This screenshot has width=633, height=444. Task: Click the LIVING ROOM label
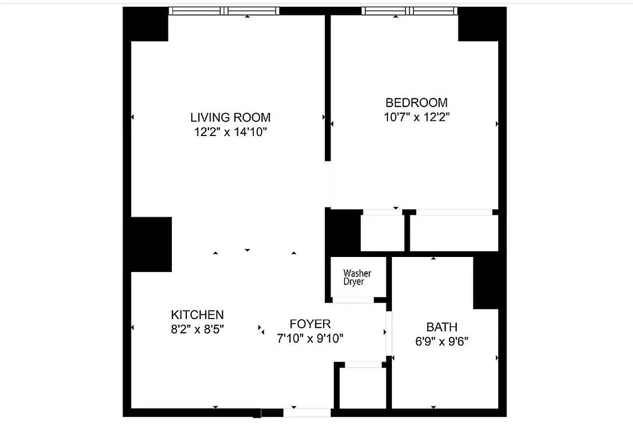(x=230, y=118)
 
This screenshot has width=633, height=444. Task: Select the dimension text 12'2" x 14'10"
(x=230, y=132)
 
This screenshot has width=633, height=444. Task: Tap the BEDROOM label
(x=416, y=103)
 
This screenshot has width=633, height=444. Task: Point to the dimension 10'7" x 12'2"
(x=416, y=117)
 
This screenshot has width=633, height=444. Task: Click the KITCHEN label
(x=197, y=315)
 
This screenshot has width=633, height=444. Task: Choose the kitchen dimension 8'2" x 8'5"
(x=197, y=329)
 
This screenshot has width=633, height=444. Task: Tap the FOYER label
(x=310, y=324)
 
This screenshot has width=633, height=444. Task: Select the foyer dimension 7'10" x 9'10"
(x=310, y=339)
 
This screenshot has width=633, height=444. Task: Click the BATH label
(x=442, y=327)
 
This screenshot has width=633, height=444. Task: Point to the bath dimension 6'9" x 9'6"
(x=442, y=341)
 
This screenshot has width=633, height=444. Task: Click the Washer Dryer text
(x=358, y=277)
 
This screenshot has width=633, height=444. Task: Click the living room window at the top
(x=224, y=11)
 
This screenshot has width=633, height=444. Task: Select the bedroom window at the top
(x=410, y=11)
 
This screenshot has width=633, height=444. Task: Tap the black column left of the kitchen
(x=151, y=244)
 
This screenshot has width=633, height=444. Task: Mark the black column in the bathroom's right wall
(x=486, y=282)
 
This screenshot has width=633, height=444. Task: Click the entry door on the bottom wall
(x=307, y=412)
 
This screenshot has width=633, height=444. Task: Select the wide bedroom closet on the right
(x=453, y=233)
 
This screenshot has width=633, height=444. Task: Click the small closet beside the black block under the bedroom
(x=382, y=233)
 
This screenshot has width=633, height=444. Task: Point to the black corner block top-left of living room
(x=149, y=25)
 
